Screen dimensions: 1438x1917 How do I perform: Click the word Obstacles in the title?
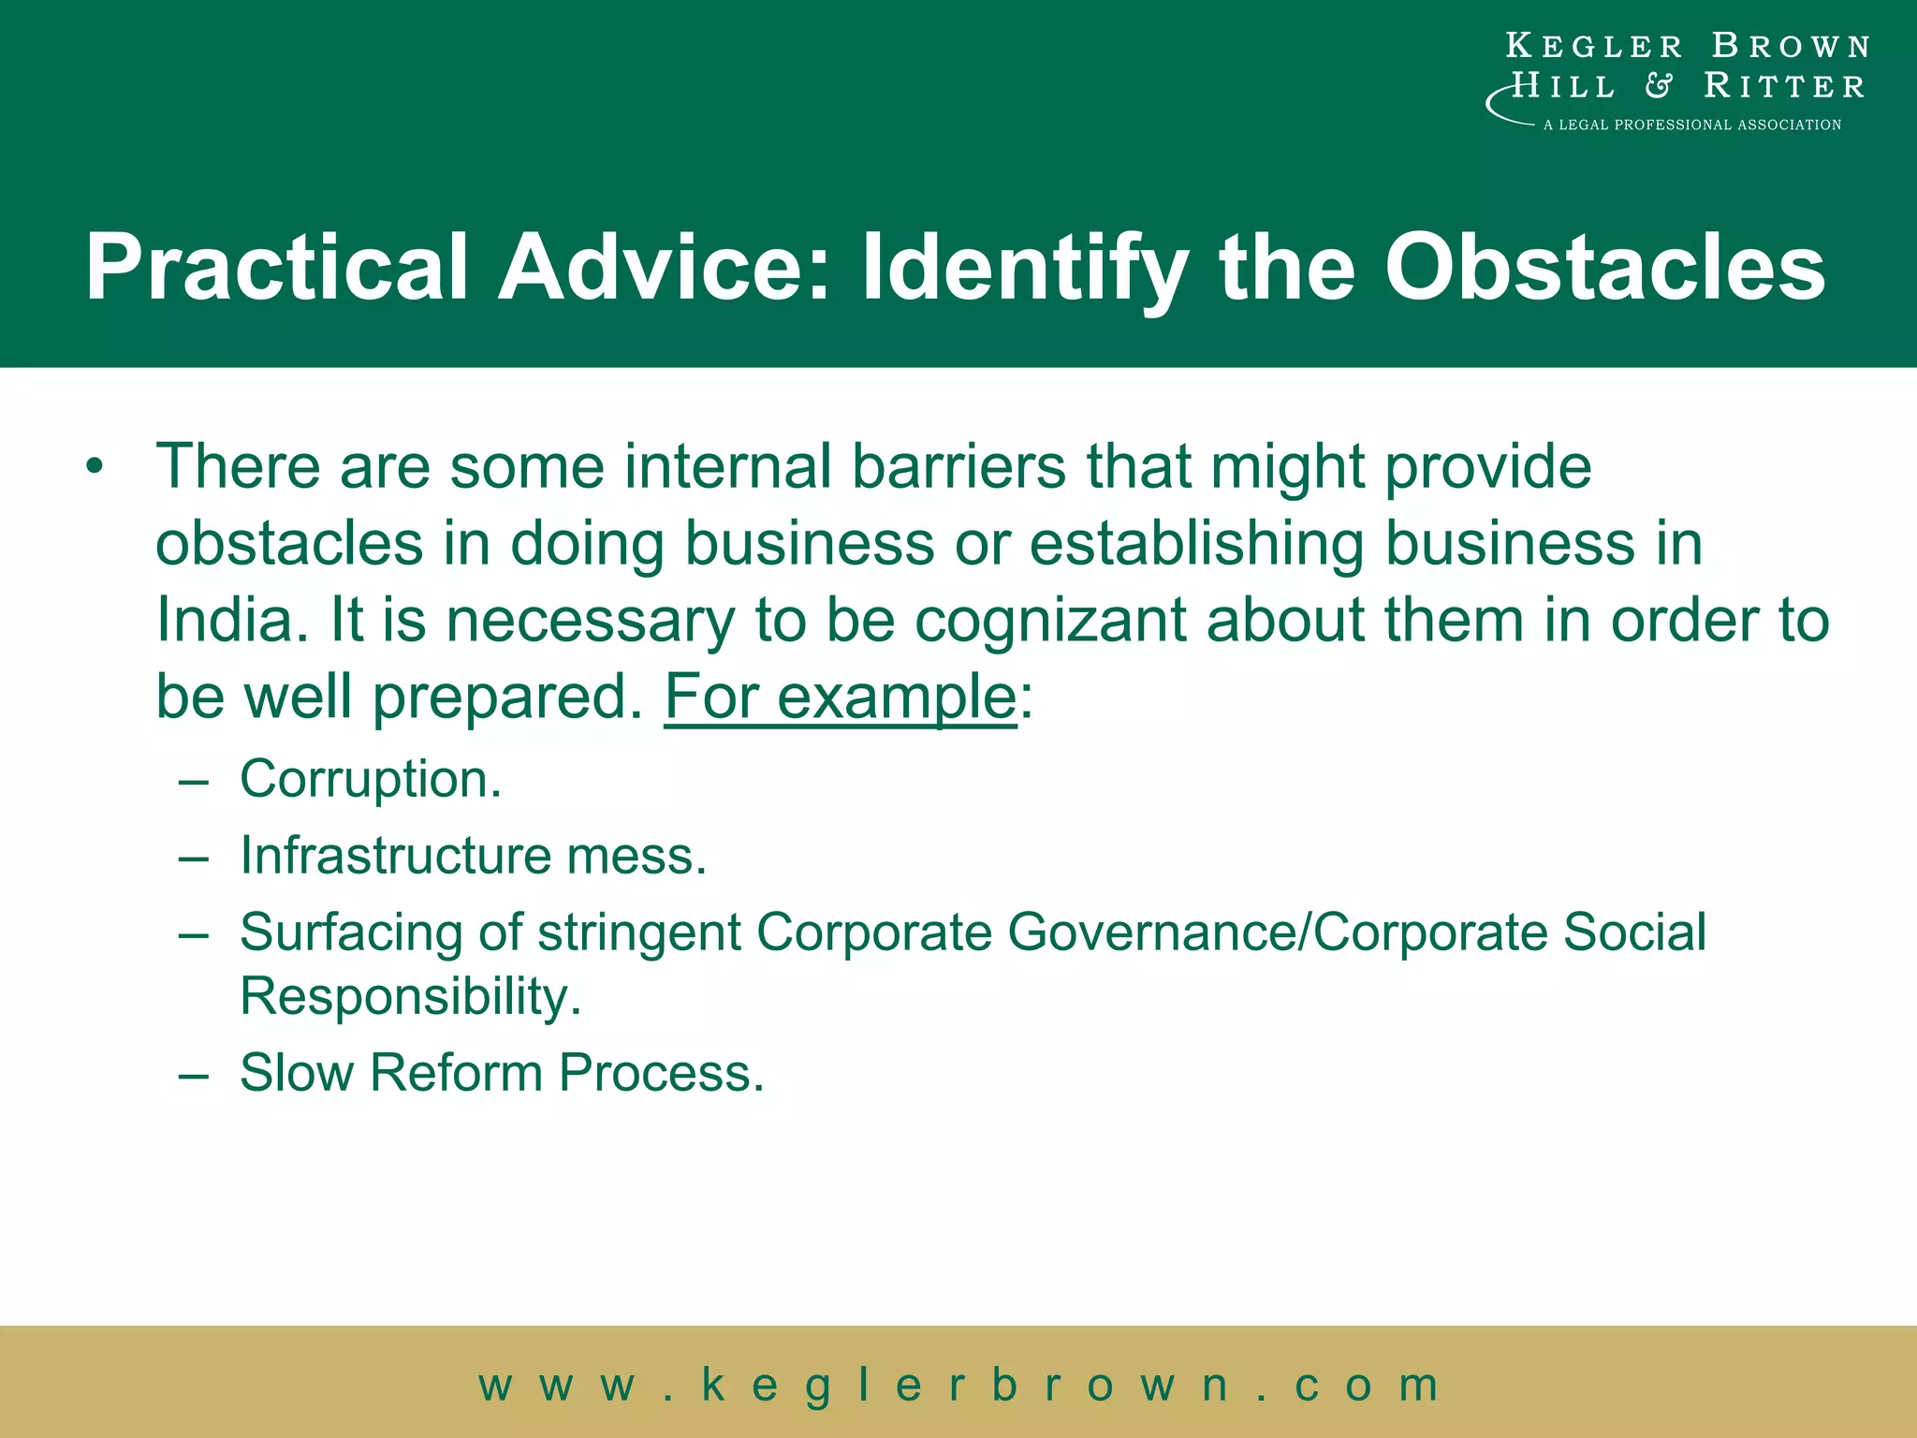pos(1604,268)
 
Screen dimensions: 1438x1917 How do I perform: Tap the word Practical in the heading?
pos(276,268)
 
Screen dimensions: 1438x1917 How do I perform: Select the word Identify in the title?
pos(1025,270)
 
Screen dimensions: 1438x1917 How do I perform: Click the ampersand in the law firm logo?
pos(1658,86)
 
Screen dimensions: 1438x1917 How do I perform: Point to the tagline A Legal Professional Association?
pos(1691,125)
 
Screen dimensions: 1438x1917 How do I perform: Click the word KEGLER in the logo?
pos(1593,46)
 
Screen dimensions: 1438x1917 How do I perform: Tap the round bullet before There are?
pos(94,466)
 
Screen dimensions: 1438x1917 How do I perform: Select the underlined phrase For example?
pos(840,697)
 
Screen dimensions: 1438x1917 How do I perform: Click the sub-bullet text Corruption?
pos(371,779)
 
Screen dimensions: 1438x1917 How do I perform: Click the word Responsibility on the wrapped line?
pos(410,996)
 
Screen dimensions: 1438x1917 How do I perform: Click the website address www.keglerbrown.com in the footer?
pos(958,1385)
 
